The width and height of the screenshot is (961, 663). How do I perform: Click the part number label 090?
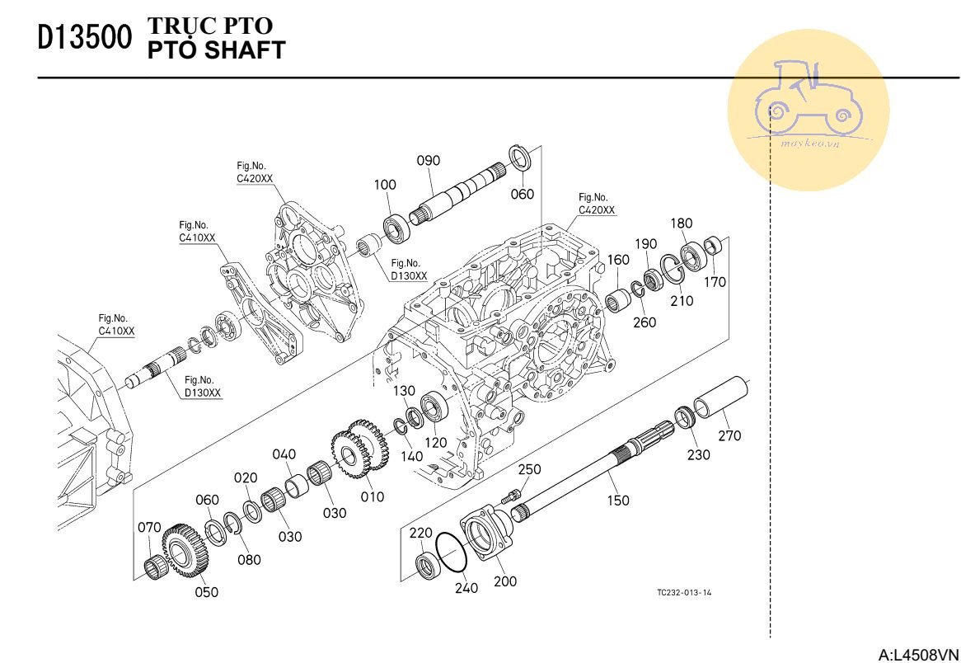click(428, 161)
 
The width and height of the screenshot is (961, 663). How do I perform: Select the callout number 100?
click(385, 185)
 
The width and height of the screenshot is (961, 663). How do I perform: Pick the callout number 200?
click(505, 581)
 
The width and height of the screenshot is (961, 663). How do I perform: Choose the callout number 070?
click(149, 528)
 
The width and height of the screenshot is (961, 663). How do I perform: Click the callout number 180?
click(682, 223)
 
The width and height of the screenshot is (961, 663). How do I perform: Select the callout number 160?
click(618, 260)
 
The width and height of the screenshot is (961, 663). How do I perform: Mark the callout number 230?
click(699, 454)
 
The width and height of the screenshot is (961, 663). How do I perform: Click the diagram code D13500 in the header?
click(85, 39)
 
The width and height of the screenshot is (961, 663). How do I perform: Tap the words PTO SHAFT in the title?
click(216, 50)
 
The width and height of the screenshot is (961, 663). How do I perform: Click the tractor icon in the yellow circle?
click(808, 99)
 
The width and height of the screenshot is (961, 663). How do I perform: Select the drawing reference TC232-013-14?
click(684, 592)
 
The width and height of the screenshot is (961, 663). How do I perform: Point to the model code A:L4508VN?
click(918, 655)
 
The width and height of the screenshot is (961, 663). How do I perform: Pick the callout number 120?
click(435, 443)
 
